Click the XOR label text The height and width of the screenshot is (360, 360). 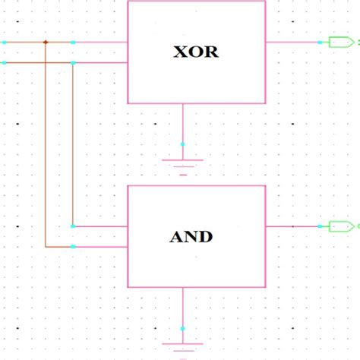click(197, 53)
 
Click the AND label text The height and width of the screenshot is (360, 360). click(191, 236)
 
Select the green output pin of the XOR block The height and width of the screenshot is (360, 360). click(336, 43)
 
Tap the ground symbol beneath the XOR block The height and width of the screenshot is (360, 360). click(182, 163)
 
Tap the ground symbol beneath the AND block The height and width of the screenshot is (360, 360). click(182, 346)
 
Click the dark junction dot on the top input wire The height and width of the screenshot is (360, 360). click(46, 42)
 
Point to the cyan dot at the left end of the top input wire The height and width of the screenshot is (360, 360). click(4, 42)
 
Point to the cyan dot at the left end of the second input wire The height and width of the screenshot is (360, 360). click(4, 62)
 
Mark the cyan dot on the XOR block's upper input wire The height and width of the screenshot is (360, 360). click(73, 42)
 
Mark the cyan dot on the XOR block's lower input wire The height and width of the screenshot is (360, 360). click(73, 62)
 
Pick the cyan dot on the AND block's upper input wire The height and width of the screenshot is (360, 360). click(73, 226)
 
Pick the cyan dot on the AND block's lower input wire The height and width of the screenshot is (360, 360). click(73, 247)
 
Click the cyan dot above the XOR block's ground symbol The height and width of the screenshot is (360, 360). click(182, 144)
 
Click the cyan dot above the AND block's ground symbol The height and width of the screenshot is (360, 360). click(182, 328)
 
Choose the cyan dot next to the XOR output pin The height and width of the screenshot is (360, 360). click(320, 43)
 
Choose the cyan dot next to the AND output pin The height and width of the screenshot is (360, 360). click(320, 226)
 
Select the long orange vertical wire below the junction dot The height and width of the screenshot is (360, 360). click(46, 152)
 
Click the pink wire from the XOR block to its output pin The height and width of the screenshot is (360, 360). click(292, 43)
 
